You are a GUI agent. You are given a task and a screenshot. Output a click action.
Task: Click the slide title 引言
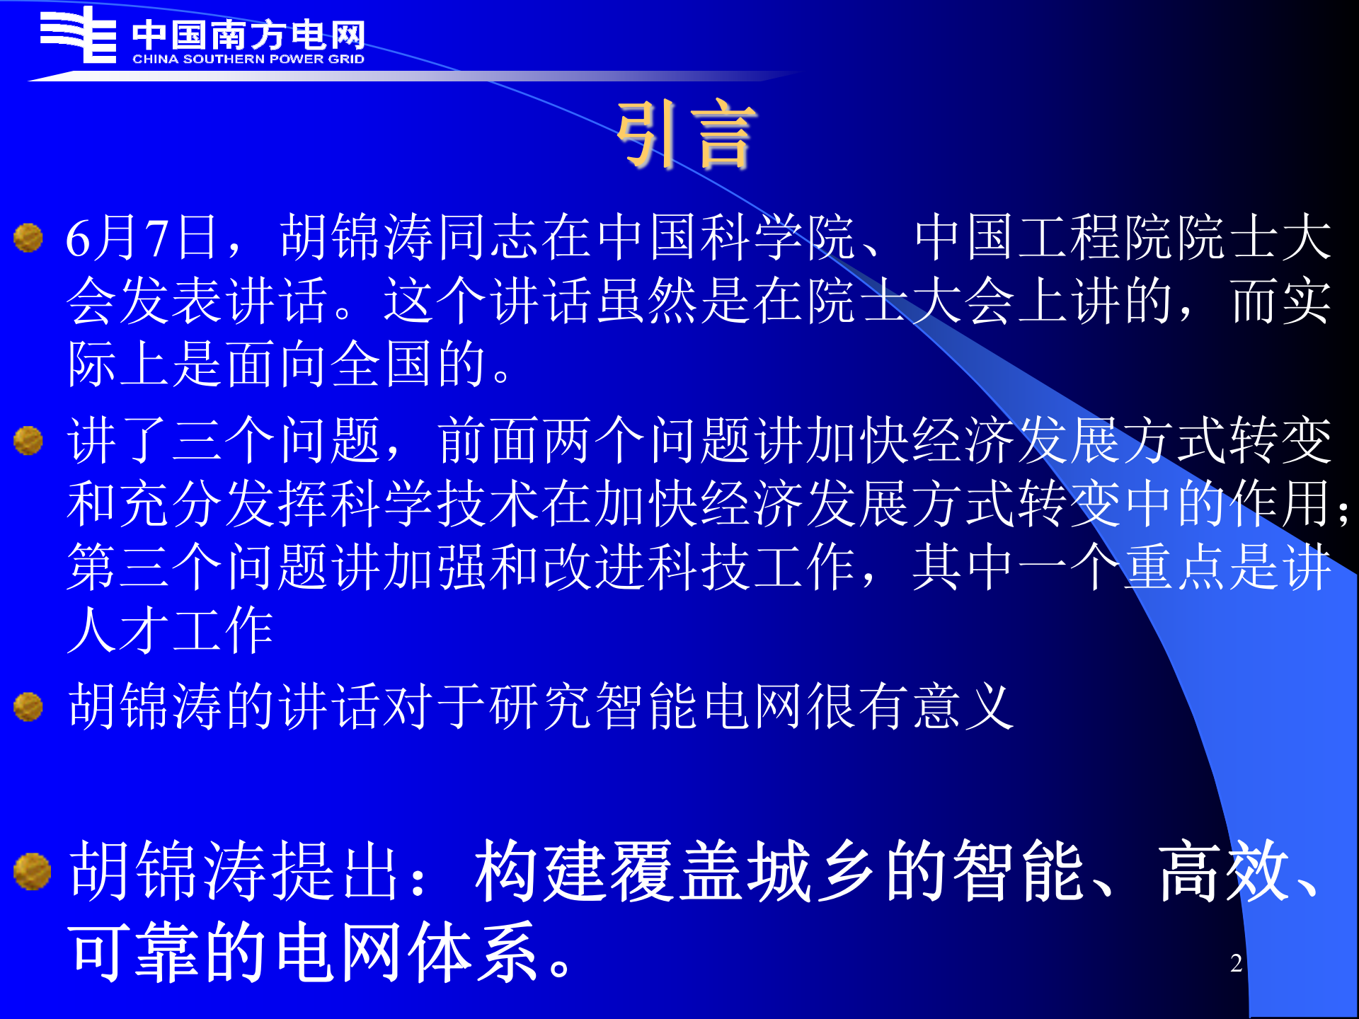[x=685, y=134]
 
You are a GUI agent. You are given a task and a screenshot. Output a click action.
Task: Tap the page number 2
[x=1236, y=963]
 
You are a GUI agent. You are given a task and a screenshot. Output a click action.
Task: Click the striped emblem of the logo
[x=78, y=35]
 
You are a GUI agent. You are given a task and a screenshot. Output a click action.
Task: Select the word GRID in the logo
[x=346, y=59]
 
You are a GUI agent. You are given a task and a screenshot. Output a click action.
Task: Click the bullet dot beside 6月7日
[x=28, y=238]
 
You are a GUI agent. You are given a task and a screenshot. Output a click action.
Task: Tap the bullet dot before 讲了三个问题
[x=28, y=440]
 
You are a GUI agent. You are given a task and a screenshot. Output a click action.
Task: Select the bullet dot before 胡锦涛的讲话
[x=28, y=706]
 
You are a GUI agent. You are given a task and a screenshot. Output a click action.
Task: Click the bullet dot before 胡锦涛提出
[x=32, y=870]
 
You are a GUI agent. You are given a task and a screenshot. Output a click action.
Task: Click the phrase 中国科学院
[x=726, y=238]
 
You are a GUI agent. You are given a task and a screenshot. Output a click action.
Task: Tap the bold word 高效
[x=1225, y=872]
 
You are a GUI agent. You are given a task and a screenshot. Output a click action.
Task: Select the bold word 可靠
[x=134, y=952]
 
